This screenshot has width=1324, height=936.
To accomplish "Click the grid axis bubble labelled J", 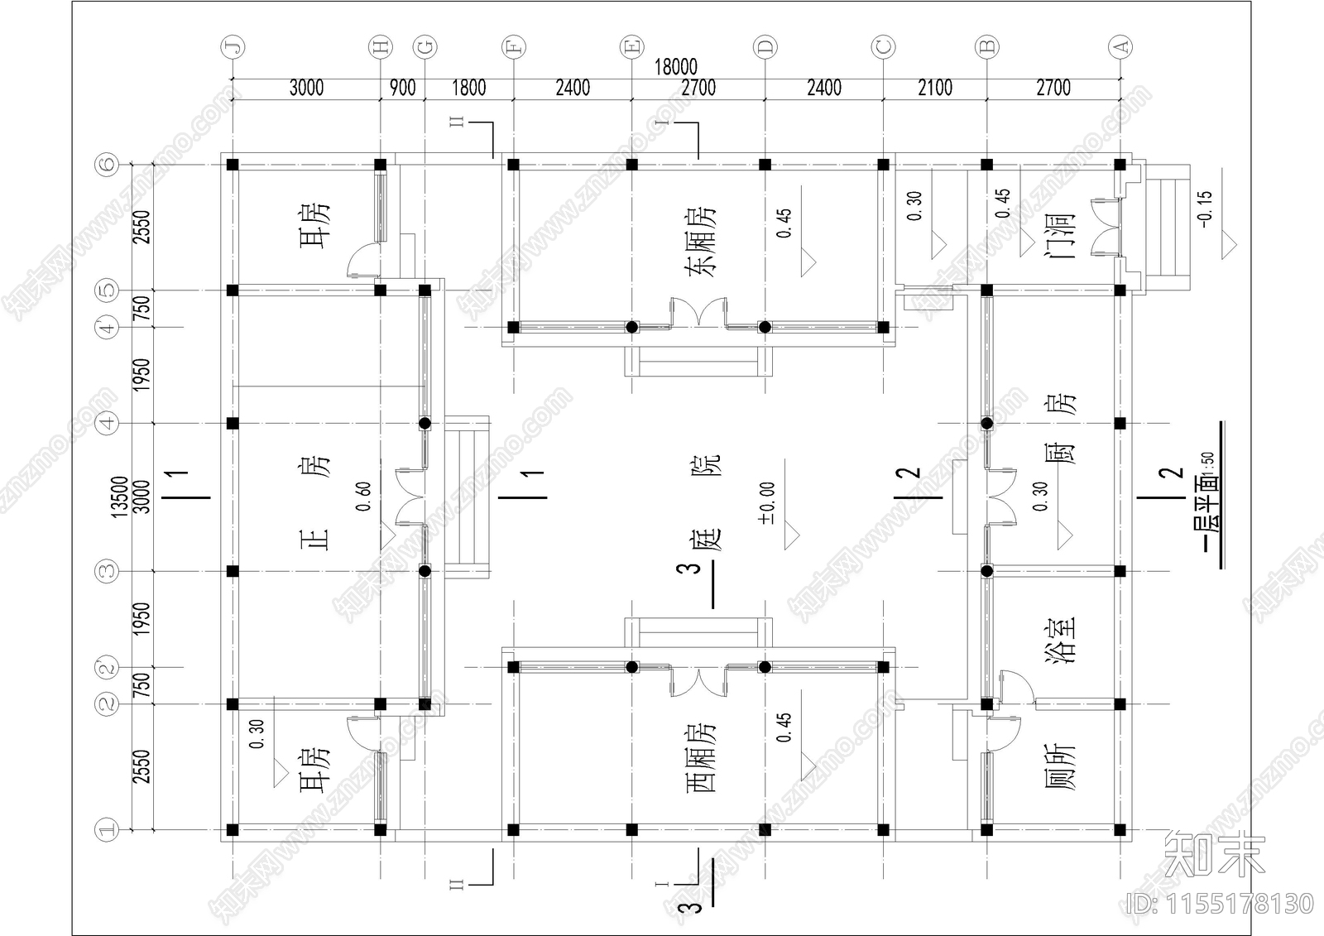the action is click(x=233, y=46).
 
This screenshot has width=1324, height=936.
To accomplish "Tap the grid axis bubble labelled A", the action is click(x=1120, y=46).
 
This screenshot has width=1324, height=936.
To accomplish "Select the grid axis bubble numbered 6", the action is click(x=107, y=165).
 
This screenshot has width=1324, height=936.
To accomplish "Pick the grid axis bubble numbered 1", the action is click(x=107, y=830).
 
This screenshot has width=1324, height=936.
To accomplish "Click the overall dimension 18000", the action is click(x=675, y=67).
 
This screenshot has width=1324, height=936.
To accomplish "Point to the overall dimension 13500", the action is click(x=119, y=497).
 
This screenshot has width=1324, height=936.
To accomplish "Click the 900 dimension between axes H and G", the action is click(x=402, y=88).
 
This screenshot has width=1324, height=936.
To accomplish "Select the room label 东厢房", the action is click(x=700, y=242).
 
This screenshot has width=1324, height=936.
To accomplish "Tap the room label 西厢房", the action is click(x=700, y=757).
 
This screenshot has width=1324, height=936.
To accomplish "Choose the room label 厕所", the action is click(x=1060, y=767).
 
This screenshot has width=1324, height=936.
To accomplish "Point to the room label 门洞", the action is click(x=1060, y=236).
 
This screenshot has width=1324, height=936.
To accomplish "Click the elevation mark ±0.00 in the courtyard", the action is click(x=766, y=503).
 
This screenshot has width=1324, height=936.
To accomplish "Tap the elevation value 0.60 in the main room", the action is click(x=363, y=496).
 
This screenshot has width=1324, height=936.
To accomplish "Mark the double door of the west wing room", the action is click(x=698, y=682).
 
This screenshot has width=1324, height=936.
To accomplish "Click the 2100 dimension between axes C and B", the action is click(x=935, y=88).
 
